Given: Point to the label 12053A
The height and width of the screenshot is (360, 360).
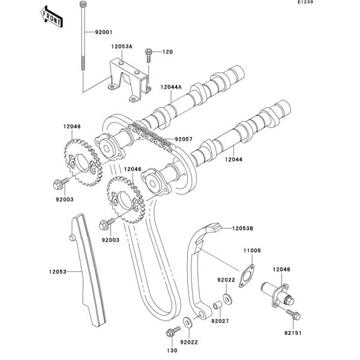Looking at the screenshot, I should click(x=121, y=46).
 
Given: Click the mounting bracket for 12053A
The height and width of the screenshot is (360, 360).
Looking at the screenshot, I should click(x=128, y=78).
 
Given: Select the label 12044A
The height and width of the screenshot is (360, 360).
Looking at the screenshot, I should click(x=170, y=87).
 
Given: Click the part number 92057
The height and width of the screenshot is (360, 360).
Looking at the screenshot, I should click(x=183, y=139).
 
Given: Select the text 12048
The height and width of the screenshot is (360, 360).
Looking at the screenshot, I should click(x=281, y=269).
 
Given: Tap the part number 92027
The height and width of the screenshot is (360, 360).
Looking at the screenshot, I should click(x=219, y=321).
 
